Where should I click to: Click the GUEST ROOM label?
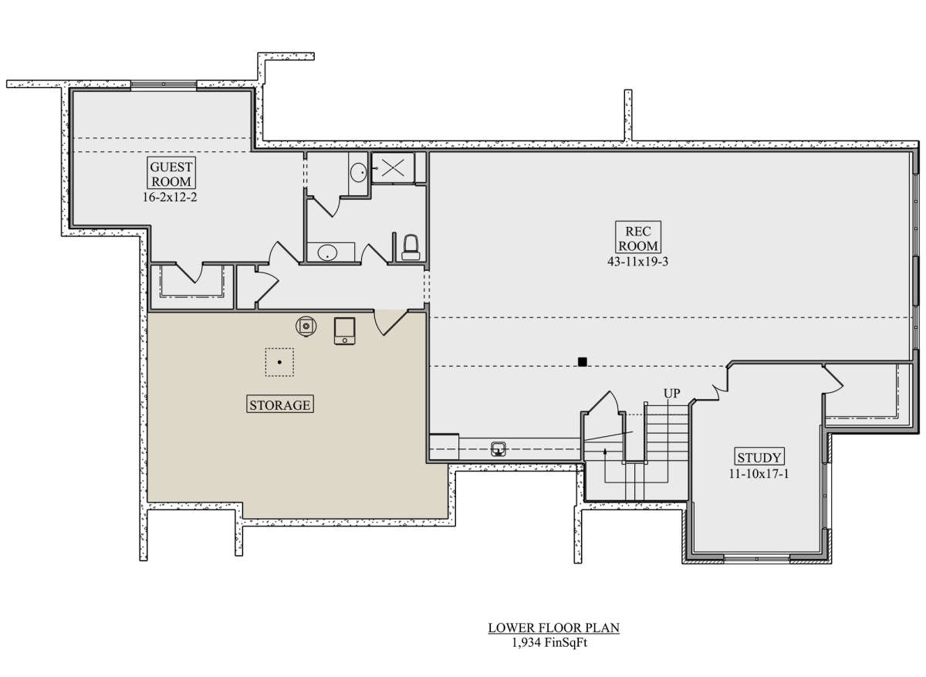click(x=171, y=174)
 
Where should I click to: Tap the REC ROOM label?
click(x=638, y=238)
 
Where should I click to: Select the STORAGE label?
click(x=280, y=405)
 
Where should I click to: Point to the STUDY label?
click(x=759, y=457)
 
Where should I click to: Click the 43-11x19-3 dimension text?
click(x=638, y=262)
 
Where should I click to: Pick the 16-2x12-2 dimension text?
click(x=170, y=197)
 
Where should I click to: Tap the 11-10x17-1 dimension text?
click(x=759, y=473)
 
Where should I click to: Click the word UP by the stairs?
click(x=672, y=393)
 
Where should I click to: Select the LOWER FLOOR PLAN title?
click(x=554, y=628)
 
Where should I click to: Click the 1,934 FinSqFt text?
click(x=549, y=642)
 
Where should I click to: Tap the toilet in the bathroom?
click(x=411, y=247)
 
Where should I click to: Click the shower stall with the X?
click(x=393, y=168)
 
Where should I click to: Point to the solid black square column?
click(x=583, y=362)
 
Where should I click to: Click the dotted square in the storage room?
click(x=280, y=362)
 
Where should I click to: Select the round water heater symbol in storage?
click(x=306, y=327)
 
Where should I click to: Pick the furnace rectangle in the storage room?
click(x=345, y=331)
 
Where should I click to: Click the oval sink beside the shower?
click(x=358, y=172)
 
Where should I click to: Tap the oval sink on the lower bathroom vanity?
click(x=327, y=252)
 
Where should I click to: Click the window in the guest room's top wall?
click(x=164, y=84)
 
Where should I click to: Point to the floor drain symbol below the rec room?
click(x=498, y=449)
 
